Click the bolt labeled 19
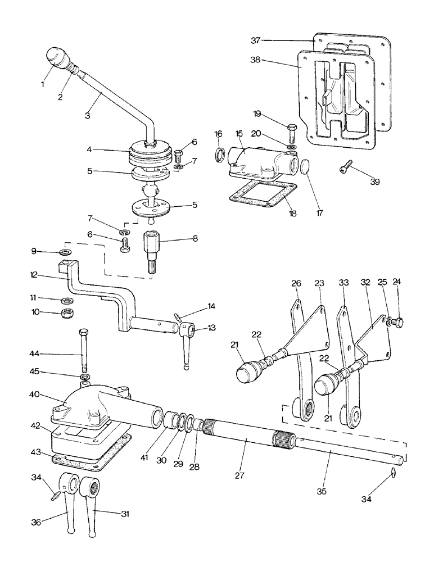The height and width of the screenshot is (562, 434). (x=291, y=133)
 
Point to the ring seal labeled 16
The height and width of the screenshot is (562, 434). (x=219, y=153)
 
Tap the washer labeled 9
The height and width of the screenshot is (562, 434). (x=66, y=251)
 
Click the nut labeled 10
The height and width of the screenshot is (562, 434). (x=66, y=312)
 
